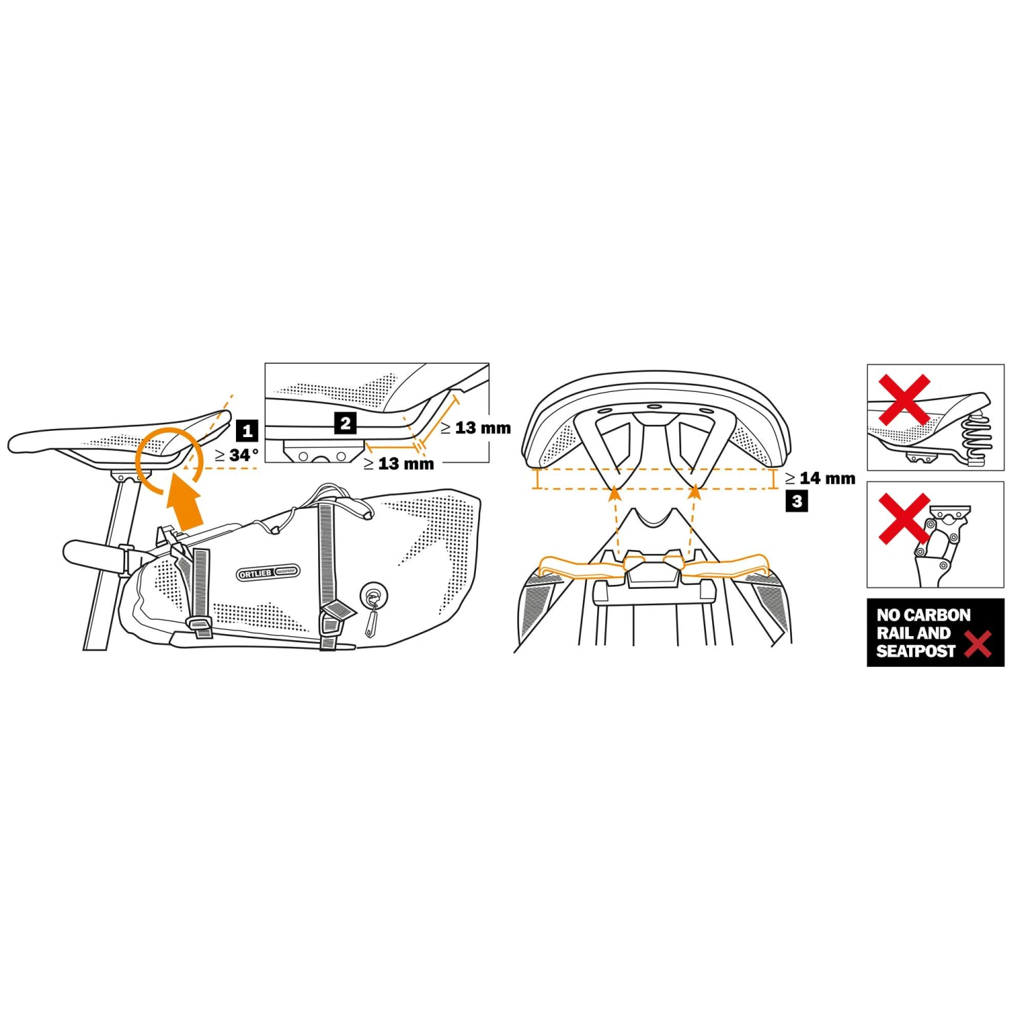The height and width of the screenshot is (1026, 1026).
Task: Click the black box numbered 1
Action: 247,431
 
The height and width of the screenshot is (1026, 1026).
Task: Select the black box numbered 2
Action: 345,423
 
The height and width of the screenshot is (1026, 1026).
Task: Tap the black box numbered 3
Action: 797,501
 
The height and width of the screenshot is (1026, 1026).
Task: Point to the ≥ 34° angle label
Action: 237,455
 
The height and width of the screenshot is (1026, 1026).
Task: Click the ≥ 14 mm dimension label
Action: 820,478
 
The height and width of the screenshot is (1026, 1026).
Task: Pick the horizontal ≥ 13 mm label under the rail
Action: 399,464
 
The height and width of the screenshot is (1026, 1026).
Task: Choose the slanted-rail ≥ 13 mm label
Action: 475,428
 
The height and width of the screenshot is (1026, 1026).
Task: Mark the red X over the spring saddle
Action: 904,399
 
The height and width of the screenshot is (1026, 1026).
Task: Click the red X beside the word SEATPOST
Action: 978,644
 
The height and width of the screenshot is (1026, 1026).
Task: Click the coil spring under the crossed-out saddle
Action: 975,438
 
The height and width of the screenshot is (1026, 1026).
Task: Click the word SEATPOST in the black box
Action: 915,651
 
